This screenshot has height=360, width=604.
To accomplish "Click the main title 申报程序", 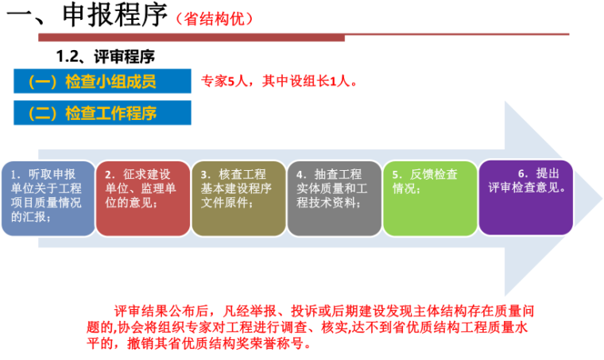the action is [x=114, y=14].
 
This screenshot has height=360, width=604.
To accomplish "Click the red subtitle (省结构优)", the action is [x=214, y=18].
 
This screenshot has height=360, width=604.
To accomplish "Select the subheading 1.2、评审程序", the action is [x=105, y=56].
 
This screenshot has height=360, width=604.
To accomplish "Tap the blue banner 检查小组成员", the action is [x=103, y=81].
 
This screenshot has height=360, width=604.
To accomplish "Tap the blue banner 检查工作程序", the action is [x=103, y=113].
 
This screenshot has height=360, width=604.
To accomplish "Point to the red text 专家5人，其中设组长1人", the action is [x=279, y=81].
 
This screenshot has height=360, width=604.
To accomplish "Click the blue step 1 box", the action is [x=48, y=199].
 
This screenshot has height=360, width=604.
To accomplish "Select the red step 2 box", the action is [x=143, y=199].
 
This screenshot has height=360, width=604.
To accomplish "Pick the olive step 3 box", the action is [x=239, y=199].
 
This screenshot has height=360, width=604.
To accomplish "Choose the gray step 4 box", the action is [x=335, y=199].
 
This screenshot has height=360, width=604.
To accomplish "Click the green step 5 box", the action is [x=430, y=199].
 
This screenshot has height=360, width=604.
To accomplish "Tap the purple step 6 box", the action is [x=526, y=198].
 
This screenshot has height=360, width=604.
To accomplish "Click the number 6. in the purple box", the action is [x=523, y=174].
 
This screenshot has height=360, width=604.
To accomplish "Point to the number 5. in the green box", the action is [x=397, y=175].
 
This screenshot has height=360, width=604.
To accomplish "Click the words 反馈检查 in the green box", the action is [x=434, y=174].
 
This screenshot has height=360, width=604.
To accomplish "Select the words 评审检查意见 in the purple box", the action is [x=524, y=188].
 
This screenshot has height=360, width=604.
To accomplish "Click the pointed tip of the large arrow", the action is [x=602, y=199].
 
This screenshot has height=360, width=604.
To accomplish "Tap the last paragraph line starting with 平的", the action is [x=199, y=343].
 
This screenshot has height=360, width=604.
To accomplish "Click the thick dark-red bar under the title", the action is [x=192, y=37].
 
